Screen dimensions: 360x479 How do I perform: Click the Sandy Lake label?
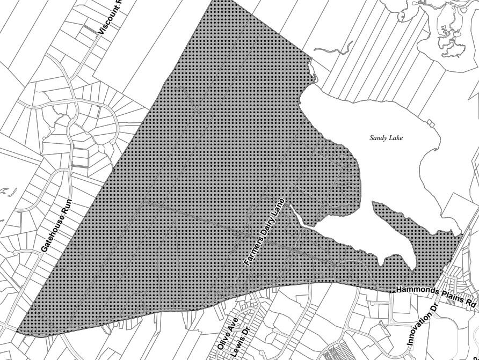[x=386, y=138]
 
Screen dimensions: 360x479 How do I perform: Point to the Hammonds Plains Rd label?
[x=436, y=296]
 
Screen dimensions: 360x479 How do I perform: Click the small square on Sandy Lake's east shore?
[x=431, y=122]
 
